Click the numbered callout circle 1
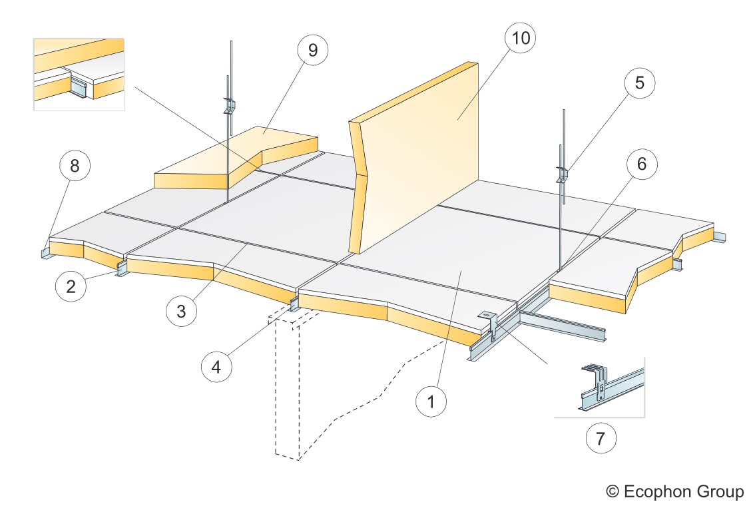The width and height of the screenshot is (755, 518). (432, 401)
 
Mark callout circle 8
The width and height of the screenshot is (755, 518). (75, 166)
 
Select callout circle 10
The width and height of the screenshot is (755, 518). (521, 39)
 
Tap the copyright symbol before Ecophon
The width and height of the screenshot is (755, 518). (613, 492)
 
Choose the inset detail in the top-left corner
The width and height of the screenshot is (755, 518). (79, 73)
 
